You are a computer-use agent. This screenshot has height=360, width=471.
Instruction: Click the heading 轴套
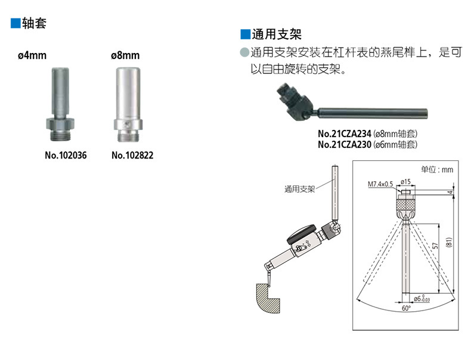coord(34,23)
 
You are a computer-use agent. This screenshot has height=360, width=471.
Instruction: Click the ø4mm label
coord(32,55)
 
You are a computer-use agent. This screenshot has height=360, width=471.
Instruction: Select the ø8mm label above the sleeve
coord(125,55)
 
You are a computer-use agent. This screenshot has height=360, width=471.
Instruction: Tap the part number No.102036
coord(66,155)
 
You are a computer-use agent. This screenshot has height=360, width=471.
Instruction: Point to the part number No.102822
coord(132,155)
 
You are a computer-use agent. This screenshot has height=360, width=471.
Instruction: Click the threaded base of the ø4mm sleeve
coord(60,136)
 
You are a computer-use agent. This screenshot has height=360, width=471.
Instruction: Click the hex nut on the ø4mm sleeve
coord(60,124)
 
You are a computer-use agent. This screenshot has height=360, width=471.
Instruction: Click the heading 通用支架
coord(277,34)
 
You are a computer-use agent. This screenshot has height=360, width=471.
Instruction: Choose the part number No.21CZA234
coord(345,134)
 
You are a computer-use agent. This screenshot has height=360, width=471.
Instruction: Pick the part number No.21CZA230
coord(345,144)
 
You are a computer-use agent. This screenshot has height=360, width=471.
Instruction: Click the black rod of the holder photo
coord(373,113)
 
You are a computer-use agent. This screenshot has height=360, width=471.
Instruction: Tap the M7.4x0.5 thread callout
coord(380,184)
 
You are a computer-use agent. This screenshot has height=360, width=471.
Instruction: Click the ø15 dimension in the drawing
coord(405,182)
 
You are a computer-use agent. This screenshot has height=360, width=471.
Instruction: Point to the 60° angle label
coord(406,308)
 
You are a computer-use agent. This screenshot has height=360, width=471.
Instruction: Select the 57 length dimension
coord(435,246)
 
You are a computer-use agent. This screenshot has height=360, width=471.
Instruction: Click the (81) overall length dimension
coord(449,242)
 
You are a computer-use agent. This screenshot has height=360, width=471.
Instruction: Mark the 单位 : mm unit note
coord(437,170)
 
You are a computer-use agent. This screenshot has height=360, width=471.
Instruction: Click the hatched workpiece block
coord(267,298)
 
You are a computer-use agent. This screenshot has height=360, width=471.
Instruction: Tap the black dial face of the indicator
coord(301,234)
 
